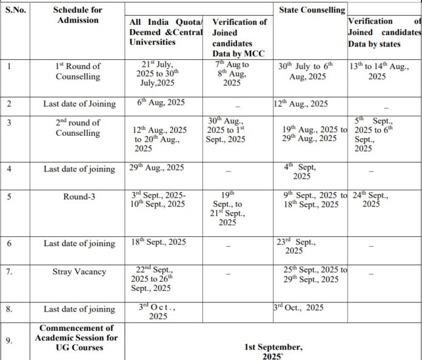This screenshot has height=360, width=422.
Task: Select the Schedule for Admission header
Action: click(77, 15)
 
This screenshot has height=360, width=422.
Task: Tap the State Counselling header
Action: click(312, 10)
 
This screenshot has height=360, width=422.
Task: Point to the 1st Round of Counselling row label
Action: click(78, 71)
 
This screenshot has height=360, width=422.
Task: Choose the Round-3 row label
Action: click(78, 196)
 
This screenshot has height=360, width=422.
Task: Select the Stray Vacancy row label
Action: click(79, 272)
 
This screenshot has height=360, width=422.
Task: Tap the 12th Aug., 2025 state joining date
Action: click(301, 104)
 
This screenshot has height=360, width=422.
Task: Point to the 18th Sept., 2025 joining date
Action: click(159, 242)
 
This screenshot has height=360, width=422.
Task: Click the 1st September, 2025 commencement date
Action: click(273, 351)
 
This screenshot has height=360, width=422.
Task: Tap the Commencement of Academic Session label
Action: click(79, 338)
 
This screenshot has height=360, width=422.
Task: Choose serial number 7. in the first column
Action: click(9, 272)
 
